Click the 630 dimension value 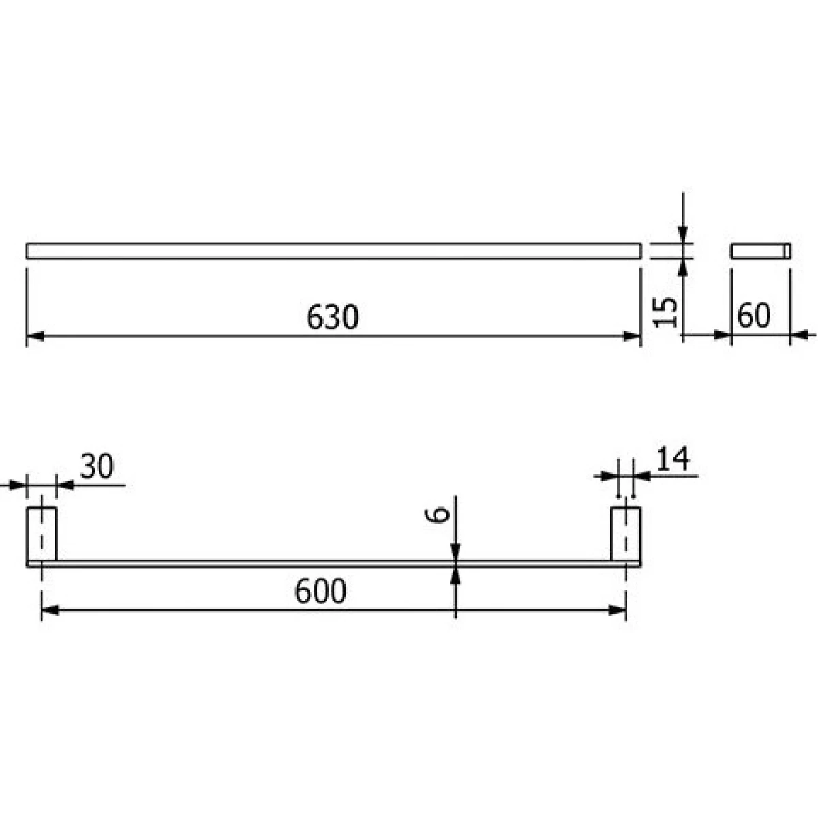point(333,318)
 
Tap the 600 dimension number point(320,591)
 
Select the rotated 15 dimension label point(665,312)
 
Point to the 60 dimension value point(753,316)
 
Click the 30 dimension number point(97,466)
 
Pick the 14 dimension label point(673,459)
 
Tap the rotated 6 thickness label point(437,515)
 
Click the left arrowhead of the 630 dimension point(35,336)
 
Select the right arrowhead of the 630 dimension point(632,336)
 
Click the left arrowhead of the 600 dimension point(50,611)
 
